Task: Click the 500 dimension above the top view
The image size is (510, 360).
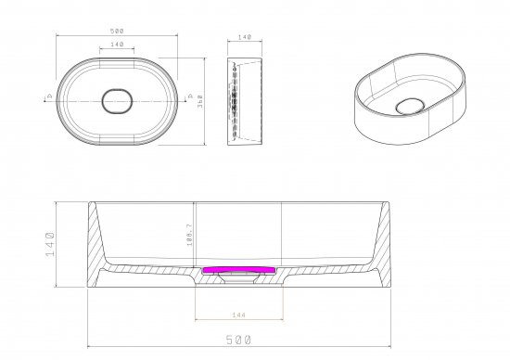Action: click(116, 31)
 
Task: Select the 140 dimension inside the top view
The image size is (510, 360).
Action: click(116, 44)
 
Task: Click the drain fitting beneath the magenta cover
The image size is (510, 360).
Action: click(236, 277)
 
